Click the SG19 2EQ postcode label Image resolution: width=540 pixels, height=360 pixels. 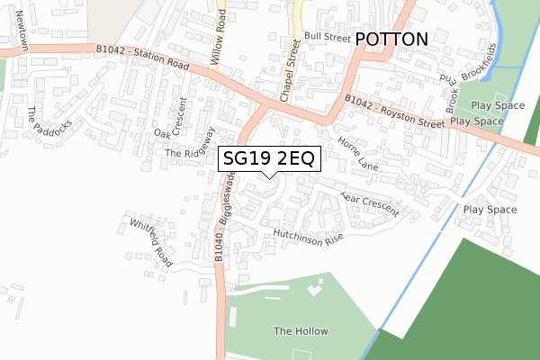267,158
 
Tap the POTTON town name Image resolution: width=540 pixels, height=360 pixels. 391,40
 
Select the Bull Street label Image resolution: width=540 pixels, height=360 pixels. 327,37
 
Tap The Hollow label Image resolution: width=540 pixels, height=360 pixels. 301,331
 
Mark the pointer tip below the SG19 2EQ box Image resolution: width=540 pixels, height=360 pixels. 267,175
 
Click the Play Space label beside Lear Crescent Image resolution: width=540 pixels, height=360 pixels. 490,210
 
